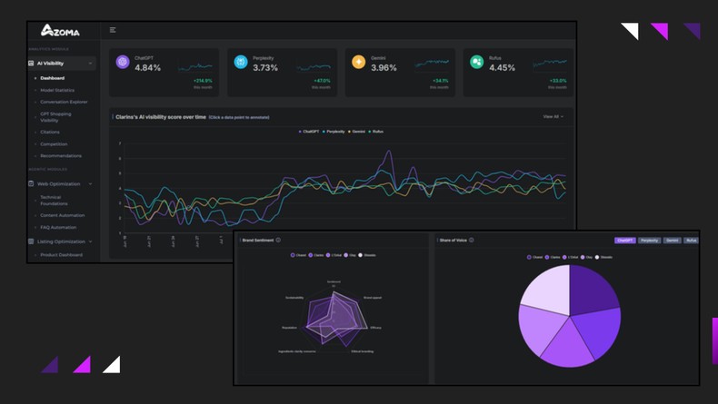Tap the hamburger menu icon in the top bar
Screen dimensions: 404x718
click(113, 30)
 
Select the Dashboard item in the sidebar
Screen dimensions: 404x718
click(53, 78)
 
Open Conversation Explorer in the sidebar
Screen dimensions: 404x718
click(64, 102)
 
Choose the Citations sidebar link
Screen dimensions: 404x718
click(50, 132)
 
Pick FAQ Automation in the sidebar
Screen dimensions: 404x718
click(58, 227)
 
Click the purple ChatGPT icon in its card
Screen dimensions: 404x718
click(123, 62)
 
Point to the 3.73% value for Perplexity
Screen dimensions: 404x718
click(265, 68)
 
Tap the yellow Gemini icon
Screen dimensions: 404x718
click(359, 62)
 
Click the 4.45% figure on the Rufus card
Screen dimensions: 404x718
click(502, 68)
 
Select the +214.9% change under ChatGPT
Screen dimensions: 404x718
click(202, 81)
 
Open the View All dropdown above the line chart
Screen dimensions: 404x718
click(553, 116)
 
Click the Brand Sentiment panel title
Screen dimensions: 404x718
click(259, 241)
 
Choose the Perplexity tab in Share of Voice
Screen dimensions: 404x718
click(649, 241)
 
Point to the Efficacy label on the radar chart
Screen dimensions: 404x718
click(375, 327)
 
